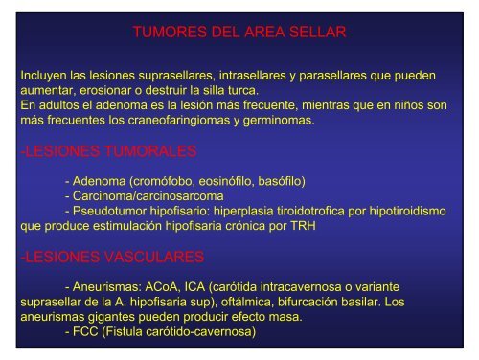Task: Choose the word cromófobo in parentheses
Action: (x=165, y=180)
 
